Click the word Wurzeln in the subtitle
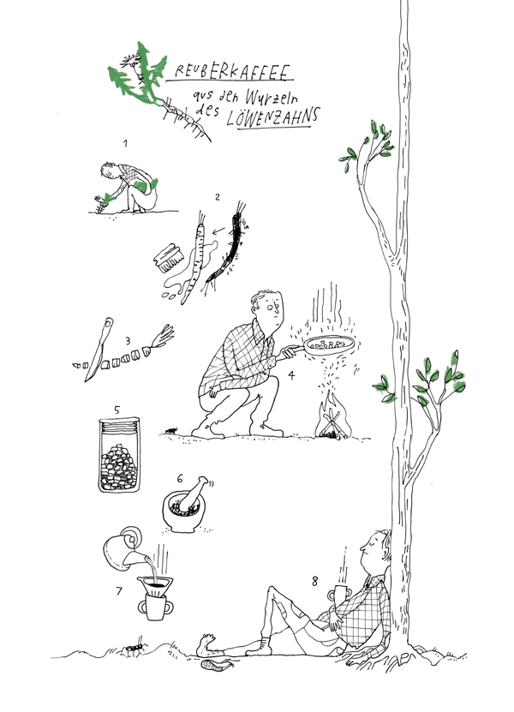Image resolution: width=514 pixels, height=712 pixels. coord(271,97)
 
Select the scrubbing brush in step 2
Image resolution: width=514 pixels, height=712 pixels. coord(168,258)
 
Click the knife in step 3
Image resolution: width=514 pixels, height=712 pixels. coord(98,350)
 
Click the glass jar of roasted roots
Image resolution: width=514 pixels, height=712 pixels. coord(119,455)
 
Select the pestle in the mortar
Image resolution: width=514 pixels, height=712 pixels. coord(193,492)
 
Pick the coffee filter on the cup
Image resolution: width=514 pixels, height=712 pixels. coord(155,586)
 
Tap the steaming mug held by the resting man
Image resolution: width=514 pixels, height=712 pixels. coord(338,594)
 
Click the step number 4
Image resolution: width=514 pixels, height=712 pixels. coord(291,375)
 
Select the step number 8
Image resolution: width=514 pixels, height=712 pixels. coord(315,581)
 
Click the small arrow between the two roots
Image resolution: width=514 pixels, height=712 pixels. coord(218,230)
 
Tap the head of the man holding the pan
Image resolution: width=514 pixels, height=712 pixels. coord(267,308)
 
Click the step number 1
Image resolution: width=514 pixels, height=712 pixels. coord(125,143)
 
